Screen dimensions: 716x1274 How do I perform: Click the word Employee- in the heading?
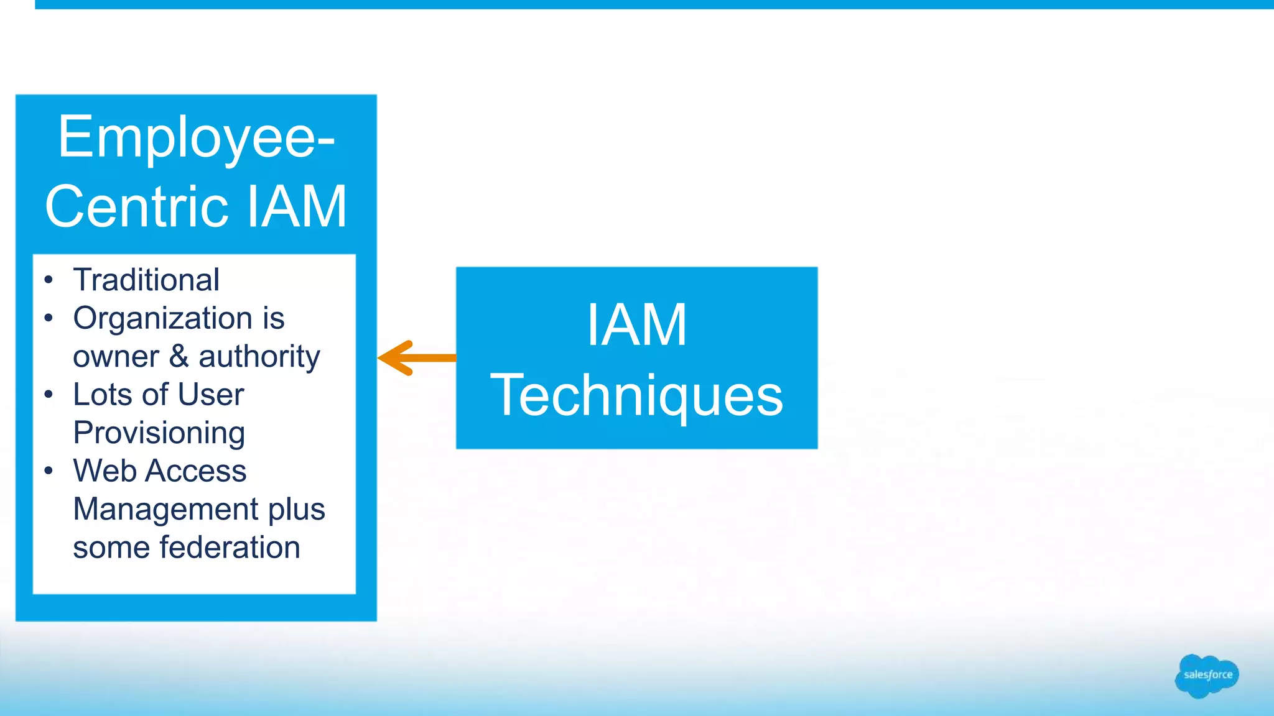[x=197, y=138]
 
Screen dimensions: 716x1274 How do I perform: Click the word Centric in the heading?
[x=137, y=207]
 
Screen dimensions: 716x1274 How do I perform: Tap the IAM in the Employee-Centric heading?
[x=297, y=207]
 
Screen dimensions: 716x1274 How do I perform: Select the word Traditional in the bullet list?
[x=146, y=280]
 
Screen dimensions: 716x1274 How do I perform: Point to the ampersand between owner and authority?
[x=179, y=356]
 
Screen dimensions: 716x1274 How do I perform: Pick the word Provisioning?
[x=159, y=433]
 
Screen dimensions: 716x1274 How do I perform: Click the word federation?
[x=230, y=548]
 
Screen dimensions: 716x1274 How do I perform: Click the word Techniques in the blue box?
[x=636, y=395]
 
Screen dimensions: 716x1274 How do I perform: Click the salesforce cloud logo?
[x=1206, y=676]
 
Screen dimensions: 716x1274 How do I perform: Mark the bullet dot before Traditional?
[x=49, y=280]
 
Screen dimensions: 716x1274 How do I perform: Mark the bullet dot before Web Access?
[x=49, y=471]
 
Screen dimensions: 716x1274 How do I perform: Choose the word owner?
[x=116, y=357]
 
